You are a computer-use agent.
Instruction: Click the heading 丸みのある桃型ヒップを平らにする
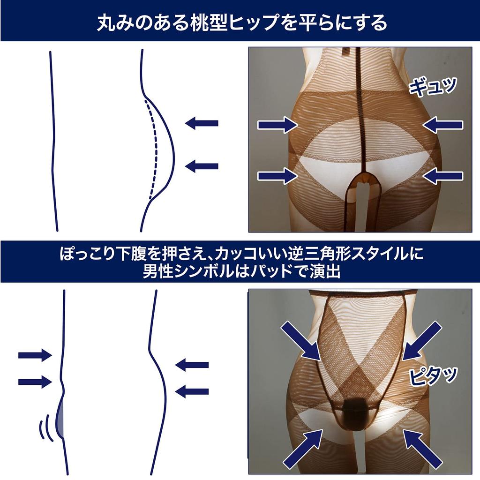240,22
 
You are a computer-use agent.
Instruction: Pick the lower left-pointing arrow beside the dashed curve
202,165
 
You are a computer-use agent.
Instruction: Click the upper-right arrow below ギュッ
442,125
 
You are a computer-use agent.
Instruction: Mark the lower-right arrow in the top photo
442,176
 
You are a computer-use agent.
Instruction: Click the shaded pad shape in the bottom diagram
60,415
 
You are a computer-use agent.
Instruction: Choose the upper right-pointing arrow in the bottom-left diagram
35,355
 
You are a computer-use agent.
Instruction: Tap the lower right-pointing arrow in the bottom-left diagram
35,382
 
